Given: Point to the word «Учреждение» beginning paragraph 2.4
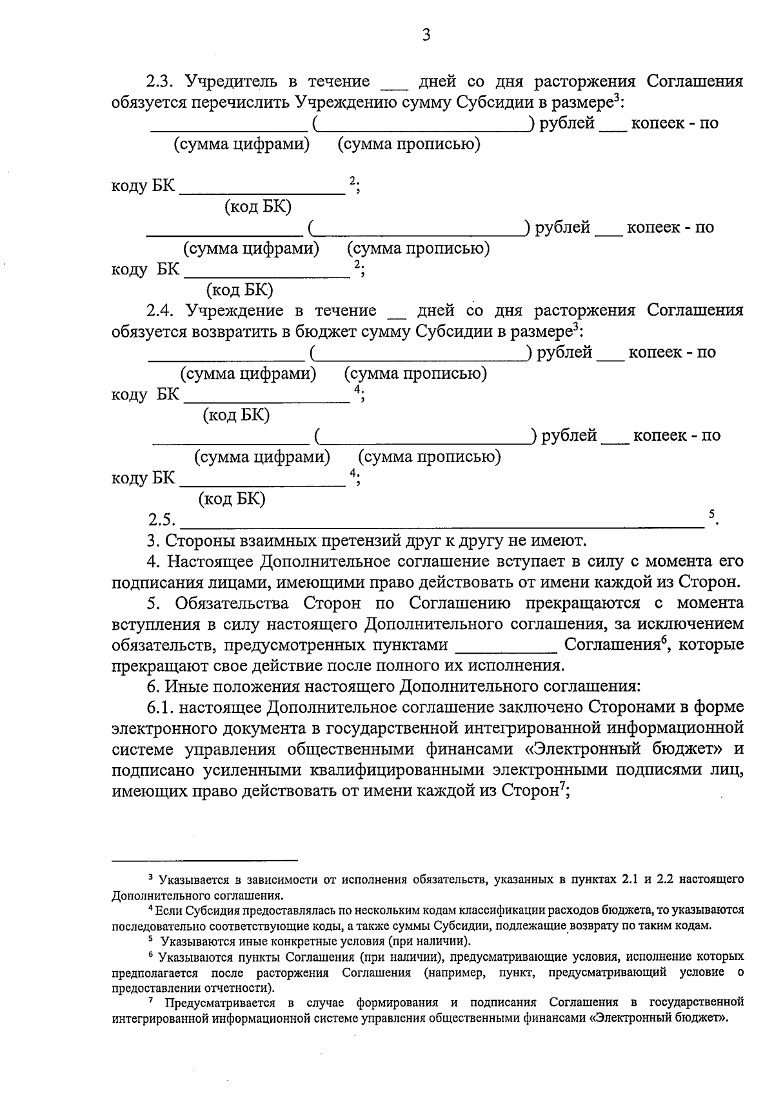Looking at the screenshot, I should pos(234,311).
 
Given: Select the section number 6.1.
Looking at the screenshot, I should pos(161,708).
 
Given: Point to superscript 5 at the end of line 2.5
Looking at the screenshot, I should pos(711,514).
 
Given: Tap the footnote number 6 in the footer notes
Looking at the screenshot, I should pos(150,955).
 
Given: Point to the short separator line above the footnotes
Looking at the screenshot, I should pos(204,860).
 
